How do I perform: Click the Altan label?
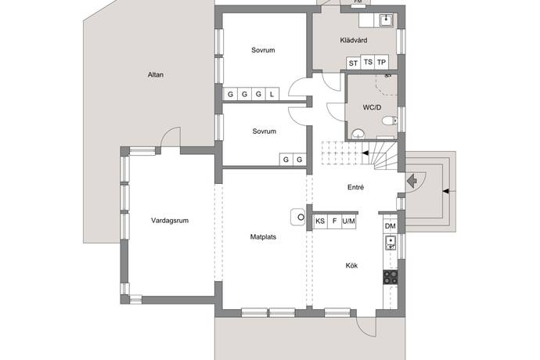click(x=155, y=74)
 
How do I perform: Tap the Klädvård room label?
click(x=353, y=41)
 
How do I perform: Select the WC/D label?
click(x=372, y=107)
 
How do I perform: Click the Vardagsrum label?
click(x=170, y=221)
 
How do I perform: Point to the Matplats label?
click(x=263, y=237)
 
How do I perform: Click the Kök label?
click(x=351, y=265)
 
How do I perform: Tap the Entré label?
click(x=355, y=187)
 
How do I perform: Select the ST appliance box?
click(x=353, y=63)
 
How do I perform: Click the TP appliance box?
click(x=381, y=62)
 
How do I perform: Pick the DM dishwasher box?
click(x=391, y=226)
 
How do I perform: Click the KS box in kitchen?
click(x=320, y=221)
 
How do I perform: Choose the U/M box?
click(x=348, y=221)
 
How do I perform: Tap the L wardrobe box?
click(x=272, y=94)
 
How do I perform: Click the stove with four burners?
click(x=391, y=277)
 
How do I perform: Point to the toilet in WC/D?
click(x=390, y=121)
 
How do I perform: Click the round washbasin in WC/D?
click(x=358, y=134)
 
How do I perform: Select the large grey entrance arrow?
click(x=412, y=181)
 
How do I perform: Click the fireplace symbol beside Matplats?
click(x=298, y=217)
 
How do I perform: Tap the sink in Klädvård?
click(x=387, y=20)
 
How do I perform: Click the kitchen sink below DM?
click(x=391, y=243)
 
